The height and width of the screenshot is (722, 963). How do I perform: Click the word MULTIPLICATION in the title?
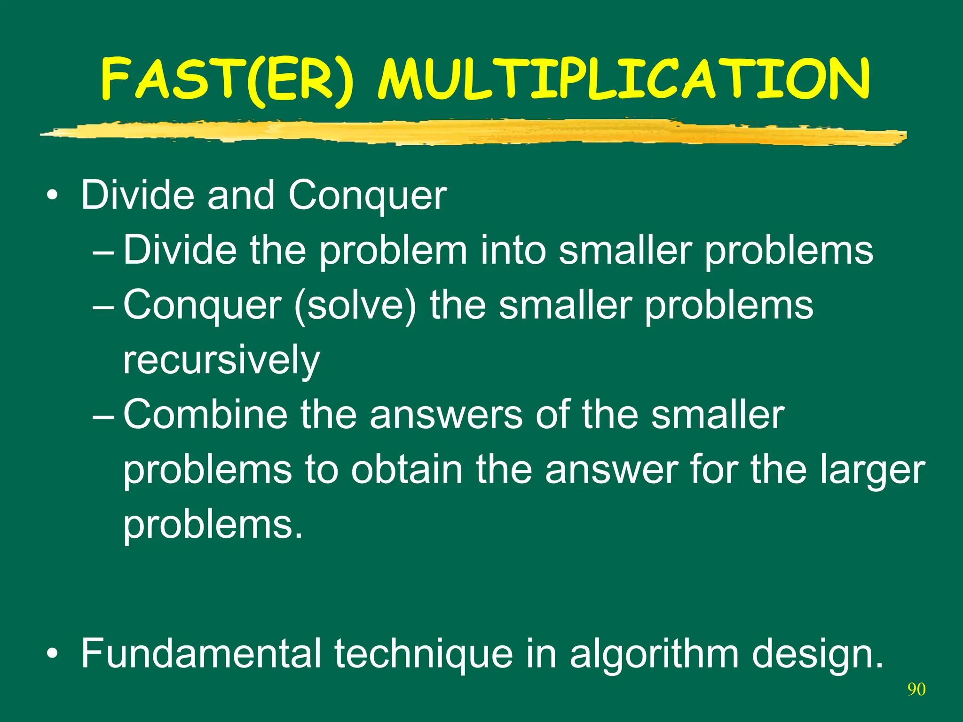(x=624, y=80)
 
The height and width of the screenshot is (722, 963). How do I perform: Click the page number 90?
(x=916, y=690)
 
